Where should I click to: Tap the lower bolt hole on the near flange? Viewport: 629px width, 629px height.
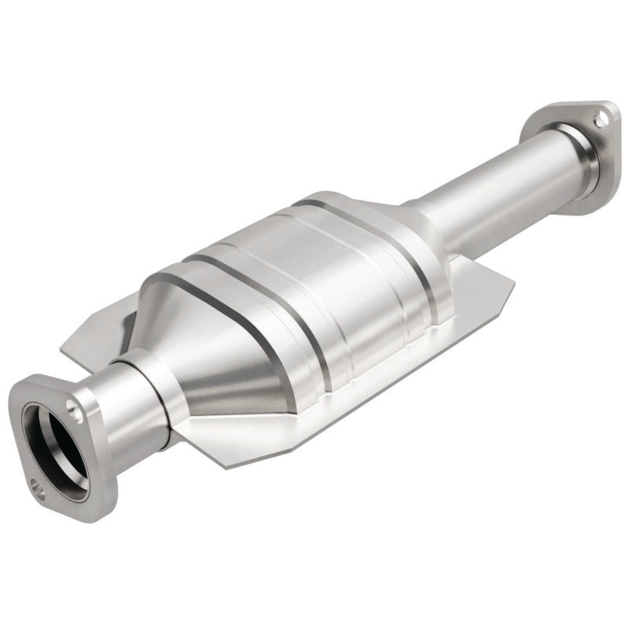click(37, 487)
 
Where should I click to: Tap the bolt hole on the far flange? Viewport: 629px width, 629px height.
click(601, 120)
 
